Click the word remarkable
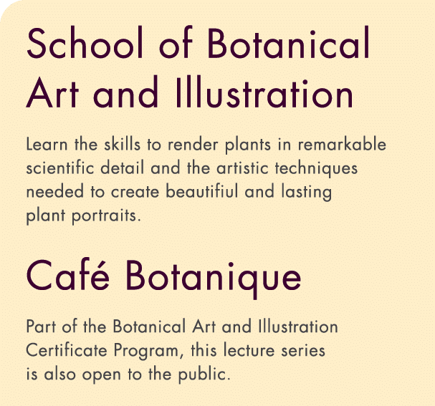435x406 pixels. [343, 145]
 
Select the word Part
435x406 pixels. [41, 327]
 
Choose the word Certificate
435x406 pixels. [64, 352]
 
